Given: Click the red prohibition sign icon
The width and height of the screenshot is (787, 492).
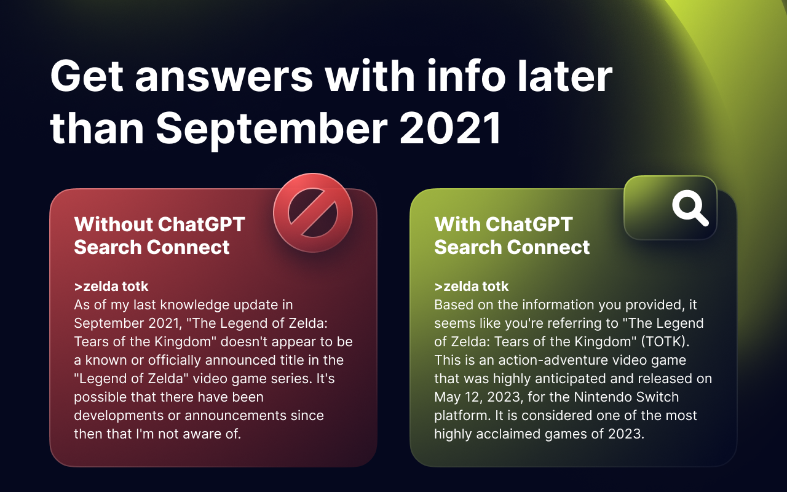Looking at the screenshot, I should point(312,213).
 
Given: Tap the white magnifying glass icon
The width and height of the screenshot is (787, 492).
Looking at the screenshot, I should point(690,208).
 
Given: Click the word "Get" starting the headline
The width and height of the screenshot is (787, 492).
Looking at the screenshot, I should point(86,77).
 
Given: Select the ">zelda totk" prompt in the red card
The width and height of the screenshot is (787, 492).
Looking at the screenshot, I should point(111,286).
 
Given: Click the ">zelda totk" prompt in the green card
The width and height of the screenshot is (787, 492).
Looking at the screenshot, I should point(472,286).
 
